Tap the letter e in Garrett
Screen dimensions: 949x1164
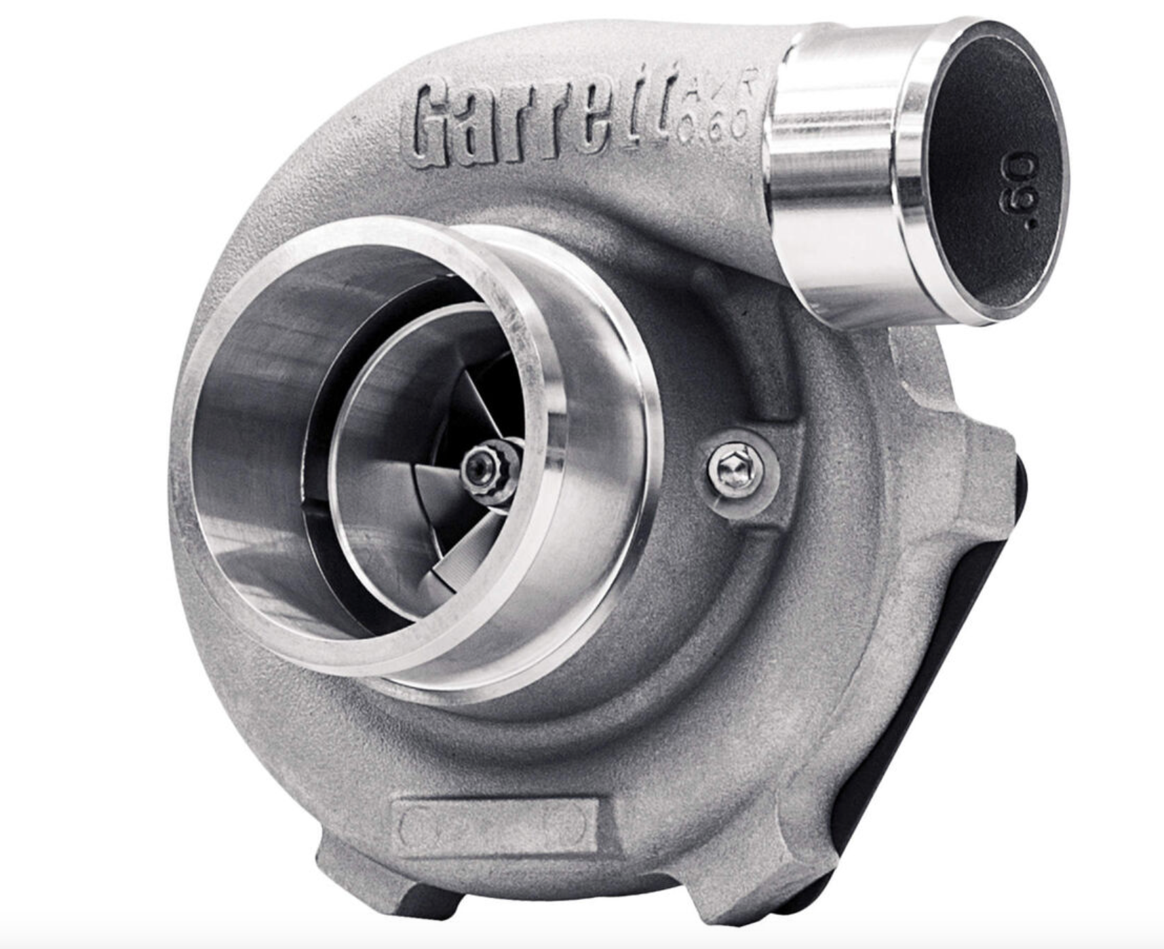tap(609, 128)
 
